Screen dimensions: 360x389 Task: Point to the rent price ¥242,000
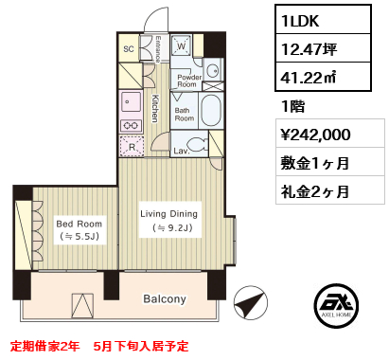pos(316,134)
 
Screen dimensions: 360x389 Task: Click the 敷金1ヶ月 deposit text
pos(316,162)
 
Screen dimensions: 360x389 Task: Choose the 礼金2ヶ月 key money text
pos(316,190)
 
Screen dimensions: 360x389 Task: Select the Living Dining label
pos(169,215)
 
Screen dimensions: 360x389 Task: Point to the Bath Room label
pos(184,114)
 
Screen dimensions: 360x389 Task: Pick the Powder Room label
pos(187,81)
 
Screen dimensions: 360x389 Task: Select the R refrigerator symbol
pos(132,146)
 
